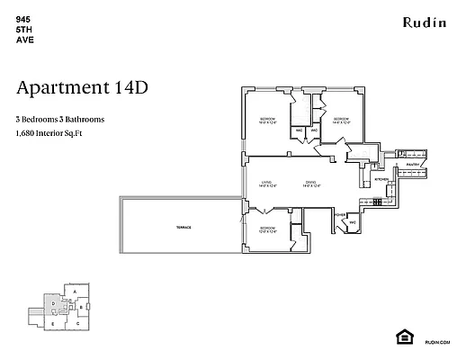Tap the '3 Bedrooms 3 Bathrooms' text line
[60, 119]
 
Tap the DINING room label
[309, 184]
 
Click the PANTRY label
[412, 166]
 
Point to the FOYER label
[340, 215]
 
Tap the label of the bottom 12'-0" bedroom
[267, 229]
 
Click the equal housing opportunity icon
[403, 336]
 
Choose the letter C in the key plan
[77, 321]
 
